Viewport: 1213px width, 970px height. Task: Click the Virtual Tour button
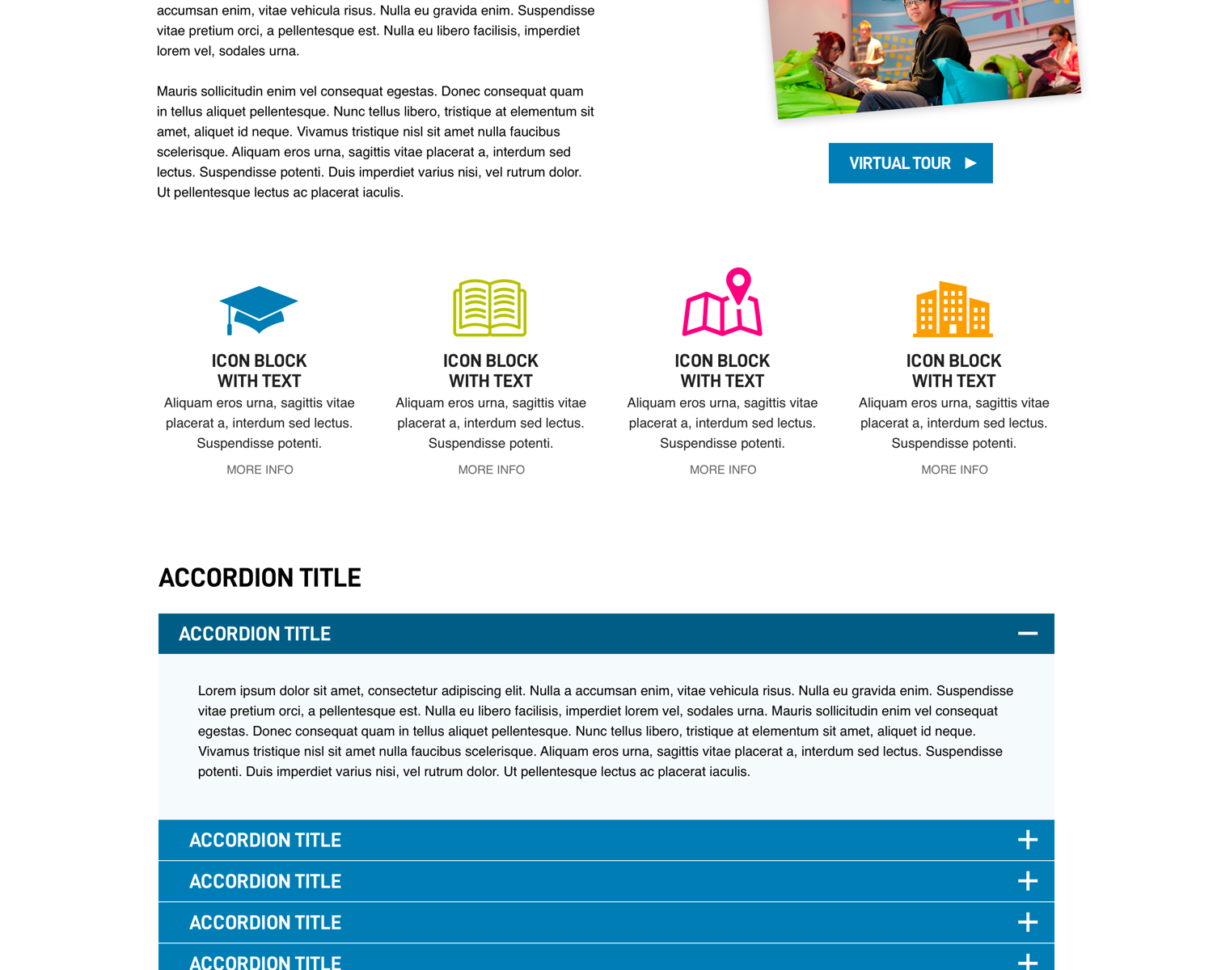[910, 163]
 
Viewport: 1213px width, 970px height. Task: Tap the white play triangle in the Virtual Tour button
[970, 163]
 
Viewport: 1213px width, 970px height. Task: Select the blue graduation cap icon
[259, 307]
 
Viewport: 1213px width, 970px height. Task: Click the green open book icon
[490, 307]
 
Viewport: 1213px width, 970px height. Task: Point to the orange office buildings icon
[953, 310]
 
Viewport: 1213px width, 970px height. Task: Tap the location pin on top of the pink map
[738, 283]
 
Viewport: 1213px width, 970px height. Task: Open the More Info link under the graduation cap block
[260, 470]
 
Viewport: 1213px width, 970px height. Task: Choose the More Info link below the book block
[491, 470]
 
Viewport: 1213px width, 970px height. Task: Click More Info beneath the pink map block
[722, 470]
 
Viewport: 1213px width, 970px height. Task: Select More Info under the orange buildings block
[954, 470]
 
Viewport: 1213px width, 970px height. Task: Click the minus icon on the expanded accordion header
[1027, 634]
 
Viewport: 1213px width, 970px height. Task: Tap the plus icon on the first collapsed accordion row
[1027, 840]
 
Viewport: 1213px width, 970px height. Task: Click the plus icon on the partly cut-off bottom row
[1027, 961]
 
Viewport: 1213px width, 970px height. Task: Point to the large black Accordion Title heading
[260, 578]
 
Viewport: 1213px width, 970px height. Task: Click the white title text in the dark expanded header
[255, 634]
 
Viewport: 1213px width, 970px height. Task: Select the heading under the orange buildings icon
[953, 371]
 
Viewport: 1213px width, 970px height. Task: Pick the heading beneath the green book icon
[490, 371]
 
